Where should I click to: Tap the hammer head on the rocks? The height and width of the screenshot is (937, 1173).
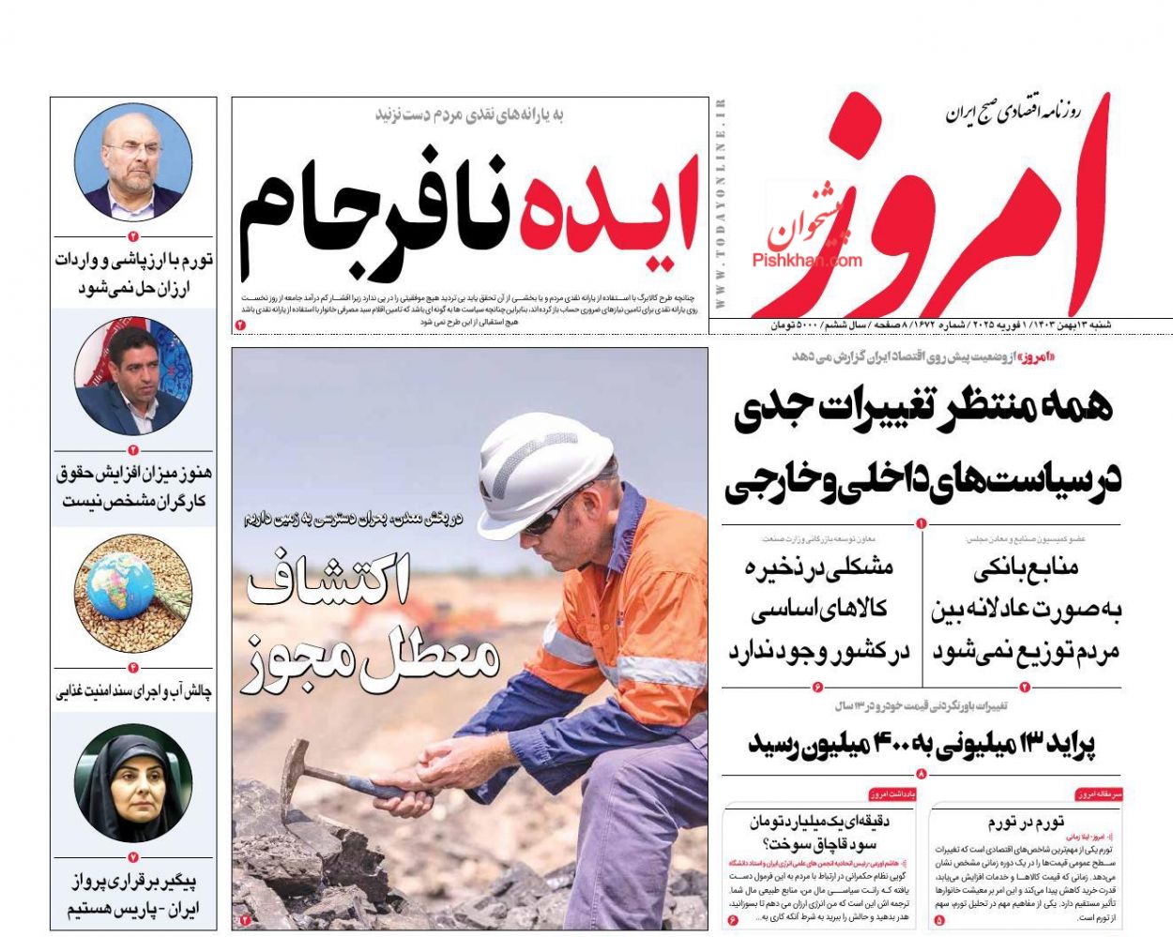pos(297,755)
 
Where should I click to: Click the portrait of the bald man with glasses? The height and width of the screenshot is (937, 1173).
pos(132,161)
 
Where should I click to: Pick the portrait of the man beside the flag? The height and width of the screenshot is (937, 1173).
pos(132,377)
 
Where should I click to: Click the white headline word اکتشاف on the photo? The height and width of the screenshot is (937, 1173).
pos(328,583)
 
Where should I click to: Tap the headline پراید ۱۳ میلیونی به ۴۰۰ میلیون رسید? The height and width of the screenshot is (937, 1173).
pos(922,744)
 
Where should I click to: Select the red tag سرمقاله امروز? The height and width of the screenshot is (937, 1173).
pos(1099,794)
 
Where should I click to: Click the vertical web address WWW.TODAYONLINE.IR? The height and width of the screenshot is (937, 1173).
pos(721,204)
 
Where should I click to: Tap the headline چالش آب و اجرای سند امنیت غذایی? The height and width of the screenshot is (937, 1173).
pos(134,692)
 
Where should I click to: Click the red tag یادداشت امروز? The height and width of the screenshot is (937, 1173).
pos(891,794)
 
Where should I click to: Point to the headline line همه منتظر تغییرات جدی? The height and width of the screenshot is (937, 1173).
pos(922,409)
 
